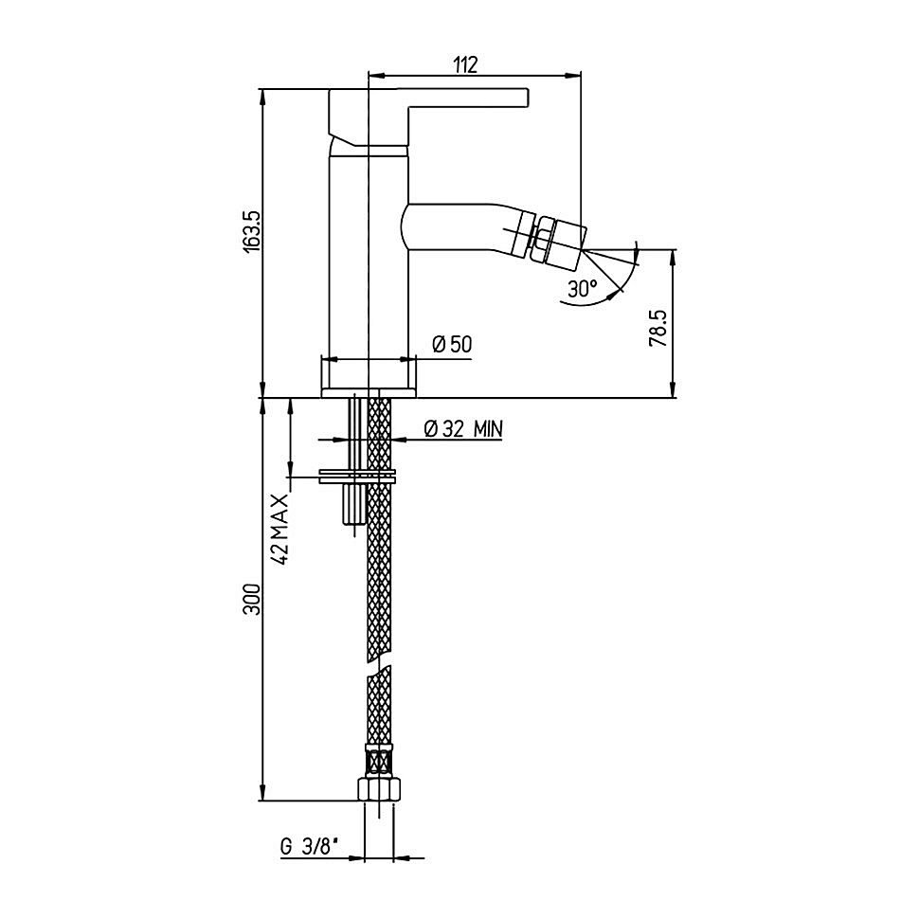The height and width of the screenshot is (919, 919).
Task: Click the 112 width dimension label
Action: pos(466,64)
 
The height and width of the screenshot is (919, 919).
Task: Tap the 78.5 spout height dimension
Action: pos(658,328)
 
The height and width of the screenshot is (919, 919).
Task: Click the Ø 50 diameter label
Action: pos(452,344)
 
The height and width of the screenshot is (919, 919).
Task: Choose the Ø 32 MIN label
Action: pos(463,429)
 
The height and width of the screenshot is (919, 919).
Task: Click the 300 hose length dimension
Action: pos(251,599)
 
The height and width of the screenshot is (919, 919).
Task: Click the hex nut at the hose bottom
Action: pos(380,789)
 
